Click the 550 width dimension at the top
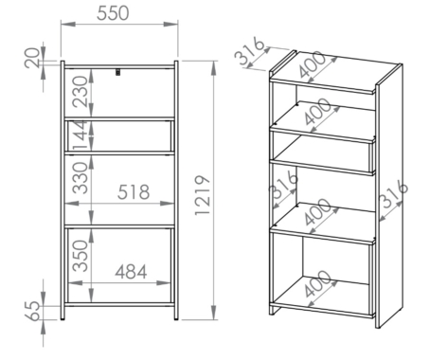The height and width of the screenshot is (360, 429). tap(113, 13)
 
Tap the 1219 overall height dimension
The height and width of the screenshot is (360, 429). tap(203, 195)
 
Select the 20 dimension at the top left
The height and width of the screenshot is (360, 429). tap(32, 58)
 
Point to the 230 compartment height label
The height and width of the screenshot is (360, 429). tap(80, 92)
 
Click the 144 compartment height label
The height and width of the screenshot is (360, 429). tap(80, 135)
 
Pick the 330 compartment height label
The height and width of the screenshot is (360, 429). tap(80, 178)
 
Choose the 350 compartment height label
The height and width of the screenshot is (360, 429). tap(80, 256)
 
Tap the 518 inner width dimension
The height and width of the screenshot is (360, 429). tap(134, 192)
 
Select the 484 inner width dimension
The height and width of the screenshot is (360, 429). tap(131, 272)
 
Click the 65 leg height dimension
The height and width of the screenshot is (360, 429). tap(32, 311)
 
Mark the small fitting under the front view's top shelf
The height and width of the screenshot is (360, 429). tap(118, 72)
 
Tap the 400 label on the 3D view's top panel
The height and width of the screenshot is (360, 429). tap(312, 64)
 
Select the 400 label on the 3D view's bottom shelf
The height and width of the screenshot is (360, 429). tap(318, 283)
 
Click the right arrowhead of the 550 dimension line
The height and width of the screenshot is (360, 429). tap(170, 24)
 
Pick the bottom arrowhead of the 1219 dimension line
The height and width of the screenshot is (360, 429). tap(214, 313)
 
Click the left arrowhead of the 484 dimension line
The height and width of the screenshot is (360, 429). tap(76, 282)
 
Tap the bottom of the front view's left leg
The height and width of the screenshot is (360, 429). tap(63, 319)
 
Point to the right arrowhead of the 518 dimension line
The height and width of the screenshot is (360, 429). tap(167, 204)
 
